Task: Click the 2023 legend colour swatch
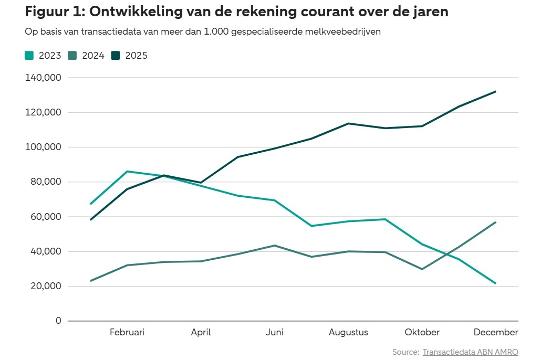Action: click(x=30, y=56)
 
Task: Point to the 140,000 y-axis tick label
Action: click(x=44, y=78)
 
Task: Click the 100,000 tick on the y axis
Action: click(x=44, y=147)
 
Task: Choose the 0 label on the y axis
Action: click(x=58, y=321)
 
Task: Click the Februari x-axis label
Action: click(x=127, y=332)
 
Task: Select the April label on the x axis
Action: click(x=201, y=332)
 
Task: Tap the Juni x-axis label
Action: click(x=275, y=332)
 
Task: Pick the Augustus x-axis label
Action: click(x=348, y=332)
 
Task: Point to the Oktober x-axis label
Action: click(x=422, y=332)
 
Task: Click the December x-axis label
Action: click(x=496, y=332)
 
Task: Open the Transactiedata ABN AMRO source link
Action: click(x=471, y=352)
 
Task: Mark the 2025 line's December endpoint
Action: click(x=495, y=91)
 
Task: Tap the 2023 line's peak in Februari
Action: click(x=127, y=171)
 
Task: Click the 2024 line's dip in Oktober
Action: click(x=422, y=269)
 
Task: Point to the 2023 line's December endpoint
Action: click(x=495, y=283)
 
